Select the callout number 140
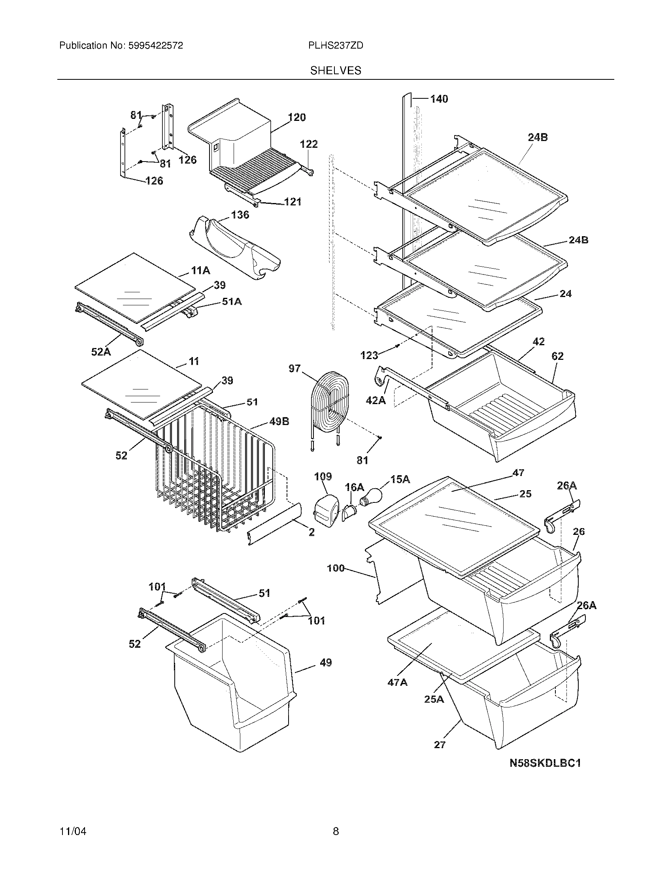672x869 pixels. click(x=439, y=99)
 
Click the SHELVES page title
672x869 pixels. click(x=336, y=71)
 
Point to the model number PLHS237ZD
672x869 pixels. click(x=336, y=46)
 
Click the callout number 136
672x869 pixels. click(x=240, y=215)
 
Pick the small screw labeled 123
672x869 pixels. click(x=397, y=346)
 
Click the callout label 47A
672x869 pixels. click(x=397, y=682)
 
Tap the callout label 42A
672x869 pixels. click(x=376, y=400)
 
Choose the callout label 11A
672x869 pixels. click(x=200, y=271)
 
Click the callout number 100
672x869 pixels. click(x=336, y=568)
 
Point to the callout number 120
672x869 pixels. click(x=296, y=117)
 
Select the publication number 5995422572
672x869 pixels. click(x=155, y=46)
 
